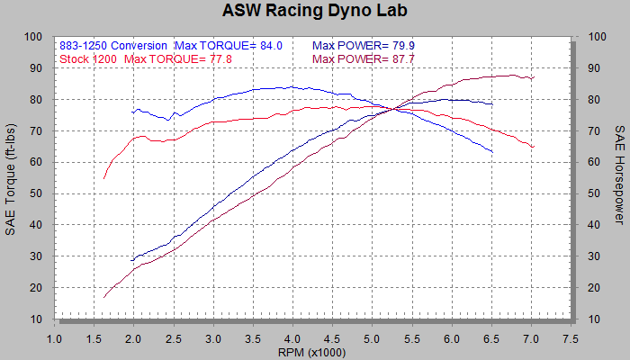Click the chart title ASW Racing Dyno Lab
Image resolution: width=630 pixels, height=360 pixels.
click(x=314, y=12)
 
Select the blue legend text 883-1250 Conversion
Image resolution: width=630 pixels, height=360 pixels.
click(x=113, y=45)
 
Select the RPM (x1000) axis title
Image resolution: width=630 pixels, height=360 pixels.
click(x=314, y=352)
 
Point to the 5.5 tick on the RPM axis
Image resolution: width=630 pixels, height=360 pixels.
click(x=412, y=339)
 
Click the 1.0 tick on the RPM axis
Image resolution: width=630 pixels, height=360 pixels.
click(x=54, y=339)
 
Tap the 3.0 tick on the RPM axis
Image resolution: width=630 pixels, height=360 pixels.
click(x=213, y=339)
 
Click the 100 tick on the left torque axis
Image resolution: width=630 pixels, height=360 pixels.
click(x=35, y=37)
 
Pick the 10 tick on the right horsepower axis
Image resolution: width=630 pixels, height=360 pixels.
click(x=592, y=319)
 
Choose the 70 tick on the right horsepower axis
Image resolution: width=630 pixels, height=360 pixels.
click(x=592, y=130)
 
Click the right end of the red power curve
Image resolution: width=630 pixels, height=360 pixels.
click(x=533, y=77)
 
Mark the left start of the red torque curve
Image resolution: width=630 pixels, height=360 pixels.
click(x=104, y=178)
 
